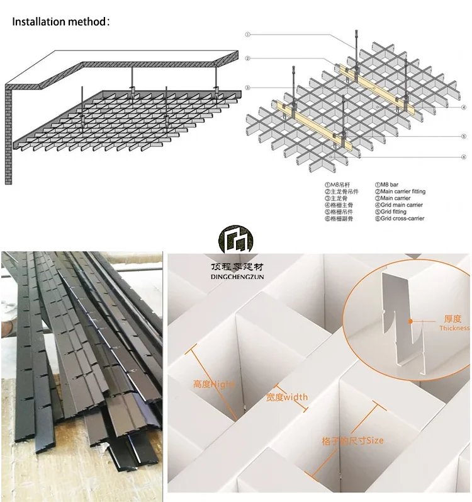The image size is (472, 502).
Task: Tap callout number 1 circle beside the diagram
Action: tap(249, 35)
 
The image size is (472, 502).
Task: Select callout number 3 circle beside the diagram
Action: tap(249, 88)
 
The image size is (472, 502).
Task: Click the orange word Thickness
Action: tap(454, 328)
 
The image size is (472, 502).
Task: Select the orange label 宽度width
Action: tap(286, 397)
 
